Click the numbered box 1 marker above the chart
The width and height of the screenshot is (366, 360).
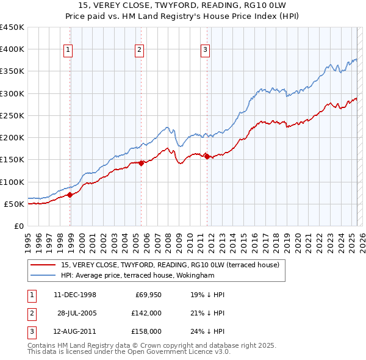click(67, 50)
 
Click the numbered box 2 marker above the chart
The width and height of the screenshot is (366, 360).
click(140, 50)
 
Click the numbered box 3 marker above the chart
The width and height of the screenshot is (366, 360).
click(206, 50)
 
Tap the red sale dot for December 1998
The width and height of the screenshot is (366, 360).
click(70, 195)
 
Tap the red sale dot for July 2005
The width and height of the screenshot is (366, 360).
click(142, 163)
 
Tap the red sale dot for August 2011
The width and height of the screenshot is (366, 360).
click(207, 156)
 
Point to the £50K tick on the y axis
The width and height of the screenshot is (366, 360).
click(15, 204)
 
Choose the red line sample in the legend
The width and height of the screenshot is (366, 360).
click(43, 265)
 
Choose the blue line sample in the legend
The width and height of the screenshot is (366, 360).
click(43, 275)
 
